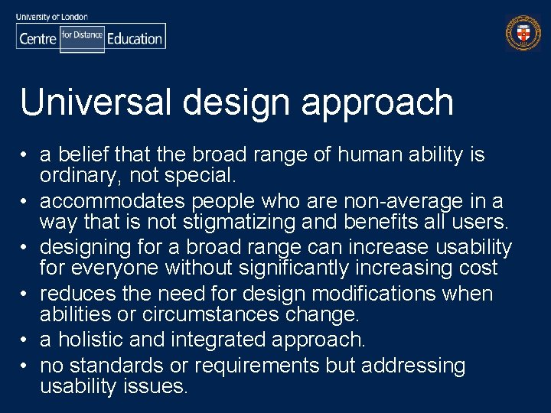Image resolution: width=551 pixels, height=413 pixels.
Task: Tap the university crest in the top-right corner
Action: (523, 34)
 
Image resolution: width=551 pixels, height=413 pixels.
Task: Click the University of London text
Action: (51, 16)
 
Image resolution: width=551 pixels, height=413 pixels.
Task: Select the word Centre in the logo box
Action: (37, 38)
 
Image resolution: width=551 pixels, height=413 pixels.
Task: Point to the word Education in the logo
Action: (135, 38)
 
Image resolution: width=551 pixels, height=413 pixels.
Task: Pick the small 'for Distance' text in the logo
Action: (82, 35)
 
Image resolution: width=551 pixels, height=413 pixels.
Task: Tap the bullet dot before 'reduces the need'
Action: (26, 294)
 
